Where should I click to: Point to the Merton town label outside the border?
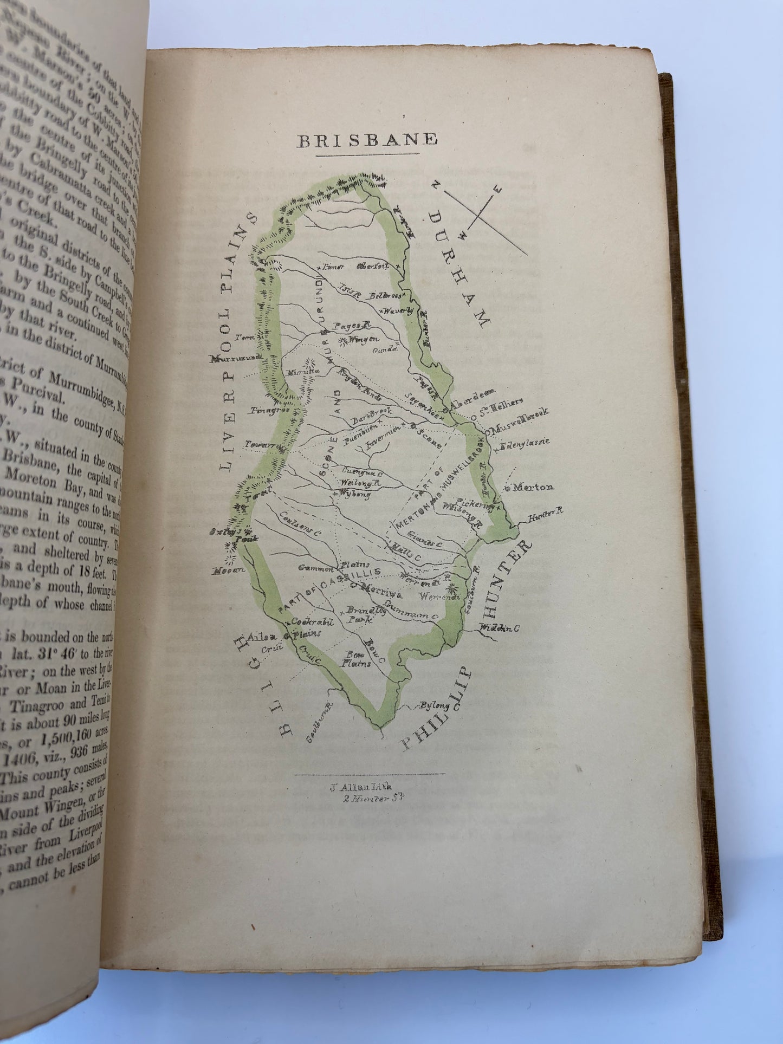click(533, 487)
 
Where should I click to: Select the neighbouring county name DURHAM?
click(461, 269)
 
